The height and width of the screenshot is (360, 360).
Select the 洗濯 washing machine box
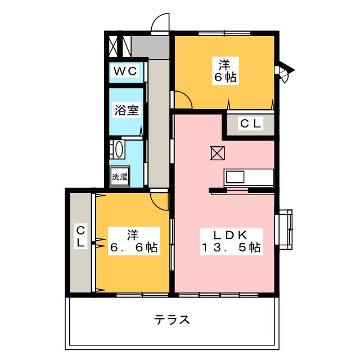(120, 177)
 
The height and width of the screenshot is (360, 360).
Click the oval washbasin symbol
(119, 150)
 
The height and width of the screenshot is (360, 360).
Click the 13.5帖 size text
(231, 247)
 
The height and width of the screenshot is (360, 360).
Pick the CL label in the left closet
(80, 236)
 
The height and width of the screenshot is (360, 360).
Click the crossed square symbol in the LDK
(217, 153)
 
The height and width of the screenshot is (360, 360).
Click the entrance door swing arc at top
(160, 22)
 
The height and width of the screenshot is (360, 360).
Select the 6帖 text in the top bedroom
(224, 78)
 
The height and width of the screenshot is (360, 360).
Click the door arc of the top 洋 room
(183, 100)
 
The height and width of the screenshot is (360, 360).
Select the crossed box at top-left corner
(114, 45)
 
